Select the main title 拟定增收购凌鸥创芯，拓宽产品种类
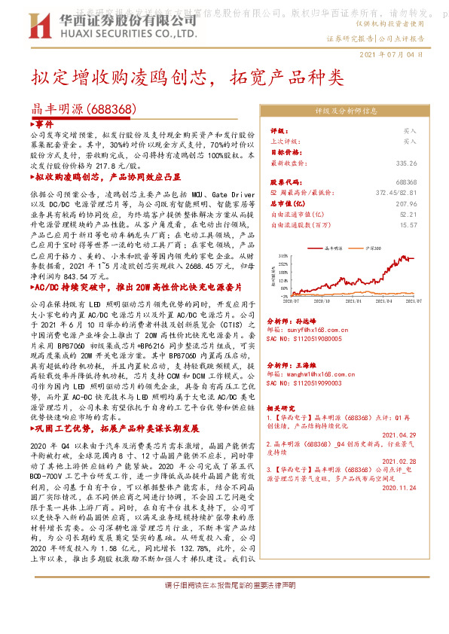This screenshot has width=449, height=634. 187,78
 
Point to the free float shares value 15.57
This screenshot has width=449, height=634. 408,224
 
